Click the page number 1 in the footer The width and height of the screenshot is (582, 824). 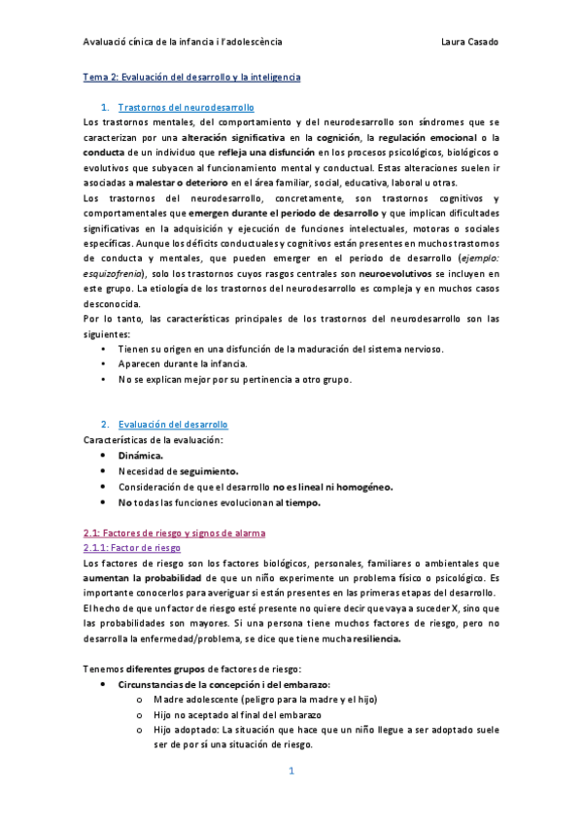click(x=291, y=772)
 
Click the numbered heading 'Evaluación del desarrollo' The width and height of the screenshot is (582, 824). click(x=173, y=425)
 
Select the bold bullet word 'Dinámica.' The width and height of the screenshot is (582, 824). click(x=141, y=455)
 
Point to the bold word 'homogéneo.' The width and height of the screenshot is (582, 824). click(x=360, y=487)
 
